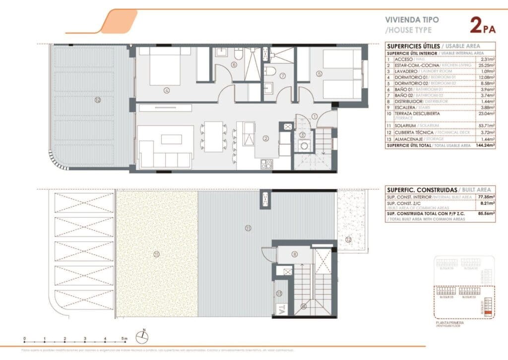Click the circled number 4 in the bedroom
point(166,90)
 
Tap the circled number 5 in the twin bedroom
point(319,74)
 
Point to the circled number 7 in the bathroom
point(282,76)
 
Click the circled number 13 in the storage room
point(279,294)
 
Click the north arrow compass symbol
point(142,336)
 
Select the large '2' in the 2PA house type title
point(475,25)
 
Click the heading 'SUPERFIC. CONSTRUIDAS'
point(414,189)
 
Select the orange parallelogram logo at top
point(119,22)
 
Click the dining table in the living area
point(213,136)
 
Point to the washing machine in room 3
point(303,146)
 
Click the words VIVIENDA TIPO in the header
point(407,20)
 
